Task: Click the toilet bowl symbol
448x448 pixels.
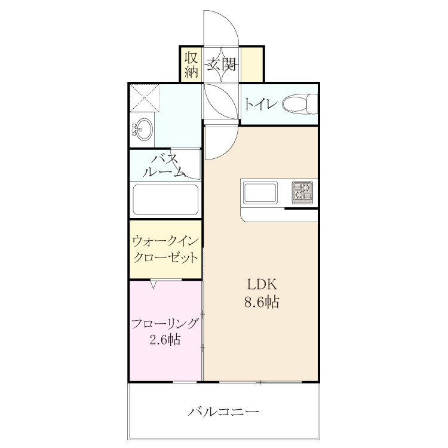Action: coord(300,104)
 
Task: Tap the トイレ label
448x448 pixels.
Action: coord(260,105)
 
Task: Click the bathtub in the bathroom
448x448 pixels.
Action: coord(165,200)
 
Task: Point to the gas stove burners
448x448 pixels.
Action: coord(302,192)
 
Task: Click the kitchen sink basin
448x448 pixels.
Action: coord(260,193)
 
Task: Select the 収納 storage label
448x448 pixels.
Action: coord(191,65)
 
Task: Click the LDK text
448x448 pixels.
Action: coord(262,284)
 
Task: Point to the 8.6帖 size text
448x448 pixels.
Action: coord(262,302)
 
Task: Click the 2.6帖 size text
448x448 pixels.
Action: coord(165,340)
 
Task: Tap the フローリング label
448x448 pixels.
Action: coord(165,324)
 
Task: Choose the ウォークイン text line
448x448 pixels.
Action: coord(165,241)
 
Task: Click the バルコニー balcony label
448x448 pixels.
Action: coord(223,412)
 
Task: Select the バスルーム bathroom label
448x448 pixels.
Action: coord(164,165)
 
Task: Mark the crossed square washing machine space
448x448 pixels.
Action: coord(145,97)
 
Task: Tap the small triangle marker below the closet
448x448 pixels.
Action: coord(154,284)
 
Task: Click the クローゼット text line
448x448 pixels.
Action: coord(165,257)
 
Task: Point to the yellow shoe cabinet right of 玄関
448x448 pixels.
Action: coord(251,64)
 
